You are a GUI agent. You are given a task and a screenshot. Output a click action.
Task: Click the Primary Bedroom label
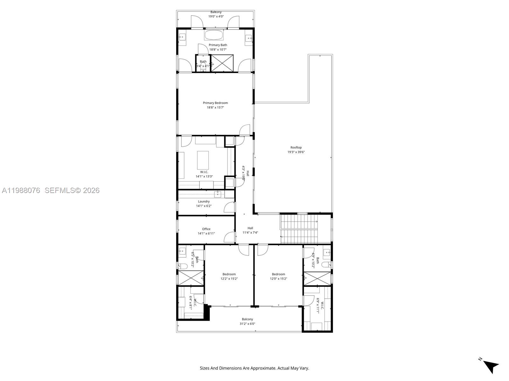[x=215, y=103]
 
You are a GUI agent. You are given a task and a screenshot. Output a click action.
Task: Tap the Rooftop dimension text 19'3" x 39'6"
[x=296, y=152]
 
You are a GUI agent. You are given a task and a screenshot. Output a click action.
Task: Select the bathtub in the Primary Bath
[x=215, y=35]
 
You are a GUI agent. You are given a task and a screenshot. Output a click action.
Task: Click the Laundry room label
[x=204, y=201]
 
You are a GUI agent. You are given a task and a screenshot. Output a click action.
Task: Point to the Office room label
[x=206, y=229]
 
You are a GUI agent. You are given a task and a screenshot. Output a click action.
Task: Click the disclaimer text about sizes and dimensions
[x=254, y=368]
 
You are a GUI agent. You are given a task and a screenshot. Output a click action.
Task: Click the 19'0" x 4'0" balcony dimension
[x=216, y=16]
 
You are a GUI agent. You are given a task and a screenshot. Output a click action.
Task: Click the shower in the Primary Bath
[x=222, y=63]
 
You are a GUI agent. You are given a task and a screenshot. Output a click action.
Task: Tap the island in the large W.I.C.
[x=203, y=160]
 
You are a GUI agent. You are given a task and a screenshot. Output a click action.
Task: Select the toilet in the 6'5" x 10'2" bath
[x=183, y=266]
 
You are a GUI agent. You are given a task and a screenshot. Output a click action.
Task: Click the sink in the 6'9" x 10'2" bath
[x=327, y=253]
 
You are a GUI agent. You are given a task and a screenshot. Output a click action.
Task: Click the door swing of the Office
[x=229, y=237]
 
